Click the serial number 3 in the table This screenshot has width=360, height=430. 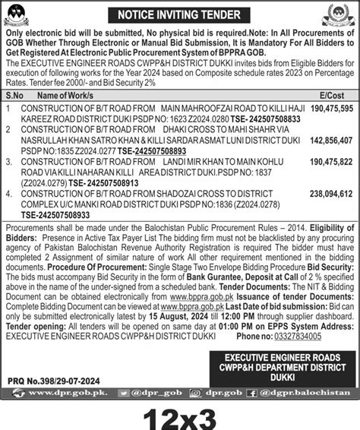tap(8, 162)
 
